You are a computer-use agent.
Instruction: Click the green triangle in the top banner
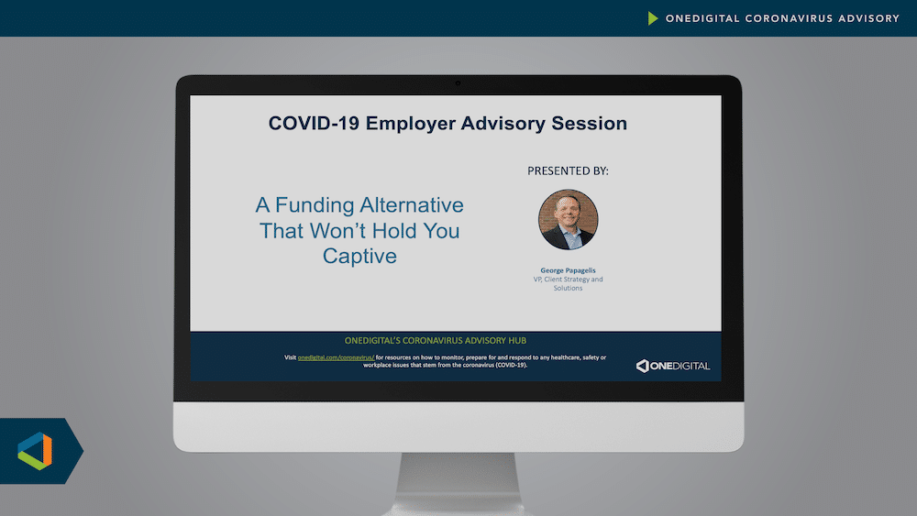click(x=653, y=18)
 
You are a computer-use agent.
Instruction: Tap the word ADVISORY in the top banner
click(x=869, y=18)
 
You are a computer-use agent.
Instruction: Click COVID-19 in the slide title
click(x=314, y=124)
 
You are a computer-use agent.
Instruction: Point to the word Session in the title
click(x=589, y=124)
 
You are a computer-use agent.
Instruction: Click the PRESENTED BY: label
click(x=568, y=170)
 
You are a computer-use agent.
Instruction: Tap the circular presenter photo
click(x=568, y=220)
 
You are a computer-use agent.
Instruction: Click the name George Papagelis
click(x=568, y=270)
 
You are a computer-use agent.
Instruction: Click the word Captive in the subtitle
click(x=359, y=256)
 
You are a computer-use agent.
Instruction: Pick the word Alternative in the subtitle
click(x=412, y=205)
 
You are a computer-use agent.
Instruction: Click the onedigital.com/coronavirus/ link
click(x=336, y=357)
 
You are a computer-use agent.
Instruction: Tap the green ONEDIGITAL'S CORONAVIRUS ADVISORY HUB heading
click(x=435, y=340)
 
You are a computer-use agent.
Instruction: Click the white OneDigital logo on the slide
click(x=673, y=366)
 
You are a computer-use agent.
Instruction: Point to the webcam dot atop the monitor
click(x=458, y=83)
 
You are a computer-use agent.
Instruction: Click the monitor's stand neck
click(x=458, y=483)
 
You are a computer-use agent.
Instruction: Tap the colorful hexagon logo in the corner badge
click(x=35, y=451)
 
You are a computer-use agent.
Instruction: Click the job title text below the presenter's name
click(x=568, y=283)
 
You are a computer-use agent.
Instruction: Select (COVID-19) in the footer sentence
click(x=511, y=365)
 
